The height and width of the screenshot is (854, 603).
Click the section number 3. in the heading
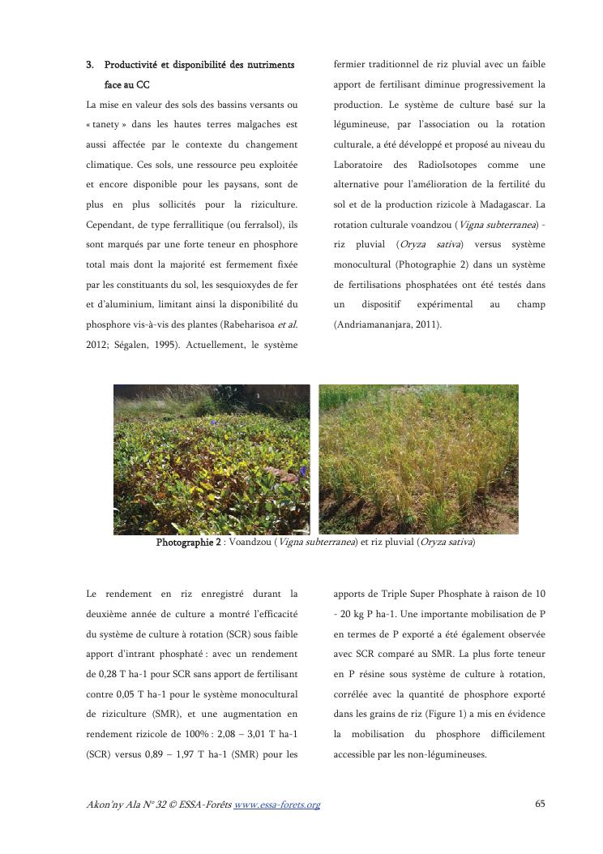coord(91,64)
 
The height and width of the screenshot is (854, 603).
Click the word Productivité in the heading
coord(132,64)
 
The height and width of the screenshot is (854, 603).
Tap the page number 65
coord(540,805)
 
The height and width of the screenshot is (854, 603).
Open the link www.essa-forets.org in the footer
coord(276,805)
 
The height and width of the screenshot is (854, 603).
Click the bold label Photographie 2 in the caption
coord(188,543)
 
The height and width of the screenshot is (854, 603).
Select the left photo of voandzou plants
coord(212,458)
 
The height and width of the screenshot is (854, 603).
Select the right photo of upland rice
coord(418,458)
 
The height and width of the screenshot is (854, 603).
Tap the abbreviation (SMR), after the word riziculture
coord(161,715)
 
